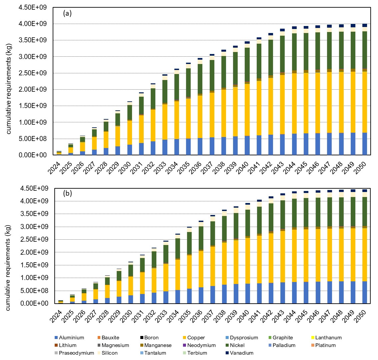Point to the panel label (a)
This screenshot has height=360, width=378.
coord(67,14)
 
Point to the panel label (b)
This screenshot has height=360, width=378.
coord(67,193)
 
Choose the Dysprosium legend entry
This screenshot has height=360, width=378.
coord(241,338)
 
